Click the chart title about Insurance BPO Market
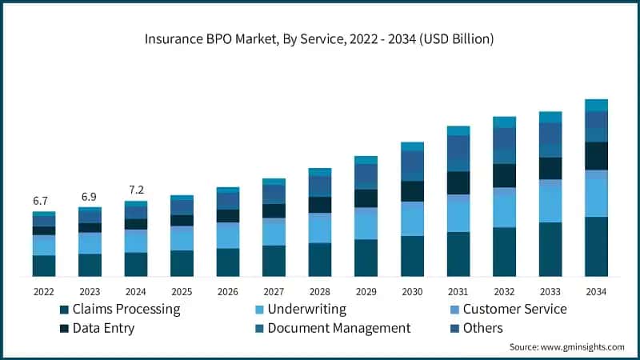pyautogui.click(x=320, y=38)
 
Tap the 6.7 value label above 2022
pyautogui.click(x=41, y=200)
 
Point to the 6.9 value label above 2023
pyautogui.click(x=90, y=197)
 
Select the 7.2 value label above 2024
pyautogui.click(x=136, y=190)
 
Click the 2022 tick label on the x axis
pyautogui.click(x=44, y=291)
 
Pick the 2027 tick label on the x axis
pyautogui.click(x=274, y=291)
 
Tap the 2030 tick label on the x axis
pyautogui.click(x=412, y=291)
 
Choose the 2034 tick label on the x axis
pyautogui.click(x=596, y=291)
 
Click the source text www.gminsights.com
pyautogui.click(x=566, y=347)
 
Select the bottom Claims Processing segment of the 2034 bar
pyautogui.click(x=596, y=246)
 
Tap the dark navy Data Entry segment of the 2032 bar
pyautogui.click(x=504, y=175)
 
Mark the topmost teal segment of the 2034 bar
pyautogui.click(x=596, y=105)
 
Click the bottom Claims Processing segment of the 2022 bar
pyautogui.click(x=44, y=266)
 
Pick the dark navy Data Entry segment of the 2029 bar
pyautogui.click(x=366, y=198)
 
